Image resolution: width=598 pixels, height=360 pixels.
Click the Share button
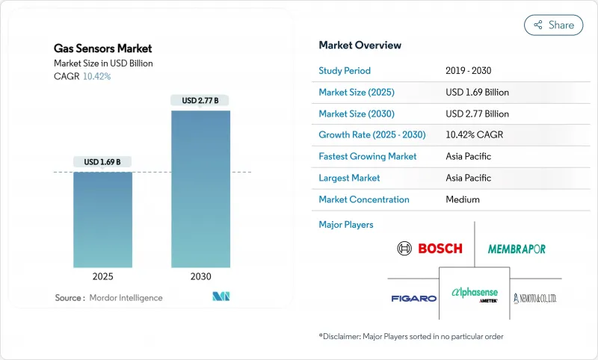[554, 25]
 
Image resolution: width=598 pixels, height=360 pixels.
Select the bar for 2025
[102, 220]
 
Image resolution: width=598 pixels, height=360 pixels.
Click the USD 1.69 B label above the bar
[102, 162]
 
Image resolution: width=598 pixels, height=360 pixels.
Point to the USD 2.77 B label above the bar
[200, 100]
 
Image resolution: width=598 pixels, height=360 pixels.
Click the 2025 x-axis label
[102, 276]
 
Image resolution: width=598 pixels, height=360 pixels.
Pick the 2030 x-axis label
[200, 276]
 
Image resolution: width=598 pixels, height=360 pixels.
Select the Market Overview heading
[360, 46]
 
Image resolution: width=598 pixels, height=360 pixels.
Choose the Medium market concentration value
[462, 200]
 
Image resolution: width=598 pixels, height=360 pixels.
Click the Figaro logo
[413, 299]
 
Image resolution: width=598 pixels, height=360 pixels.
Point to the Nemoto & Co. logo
[534, 298]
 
